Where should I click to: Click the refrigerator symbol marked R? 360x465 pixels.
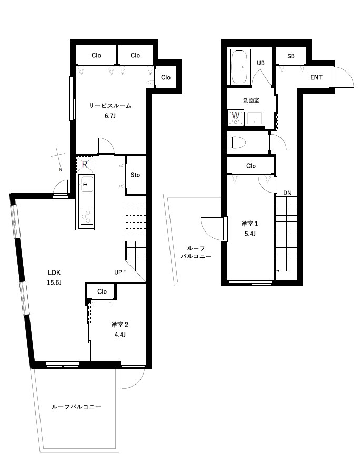[x=85, y=164]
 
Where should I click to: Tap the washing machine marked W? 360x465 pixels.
[x=236, y=118]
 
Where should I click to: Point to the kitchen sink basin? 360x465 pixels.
[x=86, y=184]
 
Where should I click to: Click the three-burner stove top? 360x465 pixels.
[x=87, y=217]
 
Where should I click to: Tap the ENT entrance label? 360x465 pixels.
[x=316, y=77]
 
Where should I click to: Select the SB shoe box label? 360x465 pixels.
[x=291, y=56]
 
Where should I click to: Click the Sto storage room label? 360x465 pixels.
[x=135, y=175]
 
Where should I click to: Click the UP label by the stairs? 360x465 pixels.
[x=118, y=272]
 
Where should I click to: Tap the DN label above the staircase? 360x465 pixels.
[x=287, y=193]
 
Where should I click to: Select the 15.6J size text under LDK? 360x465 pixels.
[x=54, y=282]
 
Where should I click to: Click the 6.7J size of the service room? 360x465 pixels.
[x=110, y=116]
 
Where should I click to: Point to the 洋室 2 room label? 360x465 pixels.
[x=119, y=325]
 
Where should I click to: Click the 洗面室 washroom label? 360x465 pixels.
[x=251, y=100]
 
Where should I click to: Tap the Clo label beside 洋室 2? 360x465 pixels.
[x=102, y=291]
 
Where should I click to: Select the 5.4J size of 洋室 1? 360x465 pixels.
[x=250, y=234]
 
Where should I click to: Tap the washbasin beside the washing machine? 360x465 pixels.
[x=255, y=119]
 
